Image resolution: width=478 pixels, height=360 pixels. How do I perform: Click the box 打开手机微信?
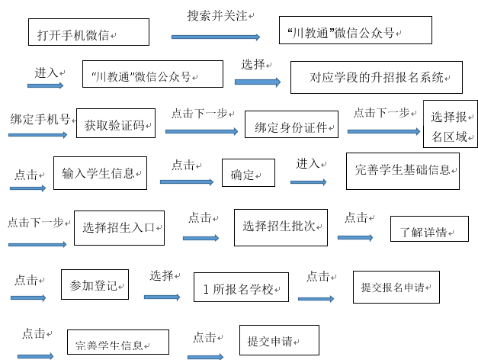pyautogui.click(x=88, y=32)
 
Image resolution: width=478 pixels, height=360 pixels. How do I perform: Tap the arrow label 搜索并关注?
pyautogui.click(x=217, y=15)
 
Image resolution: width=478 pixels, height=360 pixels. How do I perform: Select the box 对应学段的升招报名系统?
pyautogui.click(x=377, y=78)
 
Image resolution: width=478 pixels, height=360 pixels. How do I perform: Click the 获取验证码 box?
pyautogui.click(x=116, y=124)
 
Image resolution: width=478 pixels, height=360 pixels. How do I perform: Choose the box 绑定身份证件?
pyautogui.click(x=291, y=124)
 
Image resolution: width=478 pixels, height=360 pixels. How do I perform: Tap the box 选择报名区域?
pyautogui.click(x=451, y=124)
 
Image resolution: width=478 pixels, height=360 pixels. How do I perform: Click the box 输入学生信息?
pyautogui.click(x=101, y=173)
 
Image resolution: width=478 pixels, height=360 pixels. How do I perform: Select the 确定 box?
pyautogui.click(x=249, y=172)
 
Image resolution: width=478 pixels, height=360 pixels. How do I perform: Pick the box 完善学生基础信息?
pyautogui.click(x=403, y=171)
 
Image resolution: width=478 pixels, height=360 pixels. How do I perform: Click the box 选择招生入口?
pyautogui.click(x=119, y=228)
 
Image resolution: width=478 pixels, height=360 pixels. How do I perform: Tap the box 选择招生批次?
pyautogui.click(x=281, y=227)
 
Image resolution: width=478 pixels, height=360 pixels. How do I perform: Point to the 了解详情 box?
pyautogui.click(x=429, y=229)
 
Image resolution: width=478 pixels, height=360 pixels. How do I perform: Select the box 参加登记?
pyautogui.click(x=95, y=284)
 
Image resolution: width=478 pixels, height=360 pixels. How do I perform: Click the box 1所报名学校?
pyautogui.click(x=241, y=288)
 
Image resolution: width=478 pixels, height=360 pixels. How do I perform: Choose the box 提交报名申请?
pyautogui.click(x=396, y=287)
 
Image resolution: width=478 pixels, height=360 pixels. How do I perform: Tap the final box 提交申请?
pyautogui.click(x=279, y=340)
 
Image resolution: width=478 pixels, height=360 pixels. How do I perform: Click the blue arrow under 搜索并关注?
pyautogui.click(x=216, y=37)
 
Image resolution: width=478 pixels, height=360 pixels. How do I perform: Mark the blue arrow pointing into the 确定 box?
pyautogui.click(x=187, y=182)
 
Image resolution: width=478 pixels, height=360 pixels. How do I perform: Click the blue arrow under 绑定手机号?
pyautogui.click(x=38, y=135)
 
